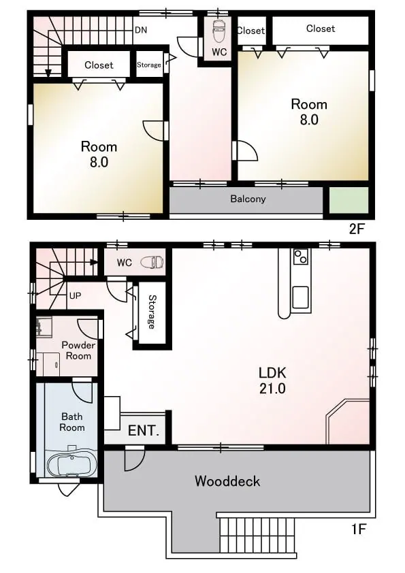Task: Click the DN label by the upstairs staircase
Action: pos(141,30)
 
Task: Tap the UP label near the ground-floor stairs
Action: pos(76,295)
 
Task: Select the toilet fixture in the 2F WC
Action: pos(219,32)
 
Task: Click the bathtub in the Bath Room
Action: pos(71,462)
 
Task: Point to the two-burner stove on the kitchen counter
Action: pos(301,256)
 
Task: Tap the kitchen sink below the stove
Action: pos(300,297)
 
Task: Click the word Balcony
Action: pos(248,199)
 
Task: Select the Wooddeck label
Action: pos(227,481)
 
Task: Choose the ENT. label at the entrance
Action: pos(144,430)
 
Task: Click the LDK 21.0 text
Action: pos(272,380)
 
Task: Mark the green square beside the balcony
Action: pos(349,200)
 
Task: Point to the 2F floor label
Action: pos(357,229)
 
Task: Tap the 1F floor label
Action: pos(359,528)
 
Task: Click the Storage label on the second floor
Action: pos(149,65)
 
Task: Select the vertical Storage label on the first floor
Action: pos(151,312)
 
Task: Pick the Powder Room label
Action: pos(78,350)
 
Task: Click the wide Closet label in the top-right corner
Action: pos(321,29)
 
